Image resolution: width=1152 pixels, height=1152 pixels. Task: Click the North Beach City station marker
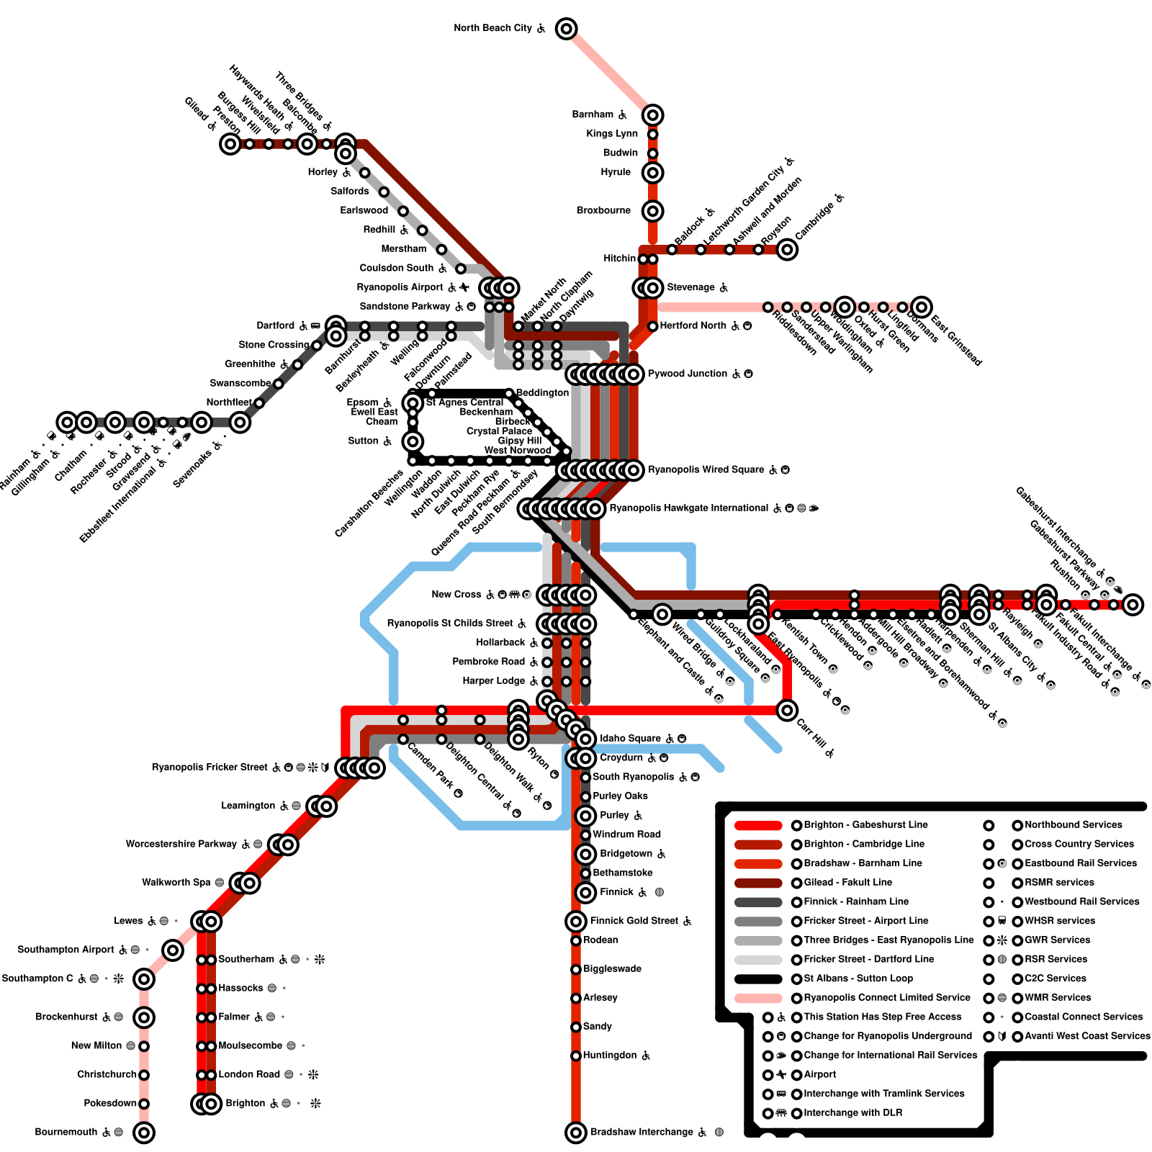coord(567,29)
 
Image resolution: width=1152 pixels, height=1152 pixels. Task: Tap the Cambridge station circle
coord(787,249)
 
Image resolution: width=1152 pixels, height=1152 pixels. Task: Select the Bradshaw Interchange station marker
coord(575,1132)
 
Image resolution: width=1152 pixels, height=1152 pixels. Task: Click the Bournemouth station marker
coord(144,1132)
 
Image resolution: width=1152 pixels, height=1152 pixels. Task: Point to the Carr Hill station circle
coord(787,710)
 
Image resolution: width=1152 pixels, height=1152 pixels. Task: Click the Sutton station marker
coord(413,441)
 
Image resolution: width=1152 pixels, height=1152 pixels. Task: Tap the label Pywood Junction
coord(688,374)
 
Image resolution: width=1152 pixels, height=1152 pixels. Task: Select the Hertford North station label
coord(693,325)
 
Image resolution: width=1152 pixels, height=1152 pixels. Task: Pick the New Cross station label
coord(456,595)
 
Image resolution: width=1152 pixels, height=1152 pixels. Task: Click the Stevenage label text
coord(690,287)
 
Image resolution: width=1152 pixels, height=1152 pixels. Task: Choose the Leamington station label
coord(248,806)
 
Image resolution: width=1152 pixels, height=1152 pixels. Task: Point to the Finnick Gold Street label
coord(634,921)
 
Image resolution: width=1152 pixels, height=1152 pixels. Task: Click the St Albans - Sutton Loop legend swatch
coord(758,978)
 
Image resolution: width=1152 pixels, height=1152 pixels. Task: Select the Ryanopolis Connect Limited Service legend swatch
coord(758,998)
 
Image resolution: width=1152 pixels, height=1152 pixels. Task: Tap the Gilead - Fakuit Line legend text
coord(847,883)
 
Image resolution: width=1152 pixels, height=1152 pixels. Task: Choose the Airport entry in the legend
coord(819,1075)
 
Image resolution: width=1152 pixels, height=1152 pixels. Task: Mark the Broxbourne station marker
coord(652,211)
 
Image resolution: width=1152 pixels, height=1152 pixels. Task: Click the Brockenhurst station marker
coord(144,1017)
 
